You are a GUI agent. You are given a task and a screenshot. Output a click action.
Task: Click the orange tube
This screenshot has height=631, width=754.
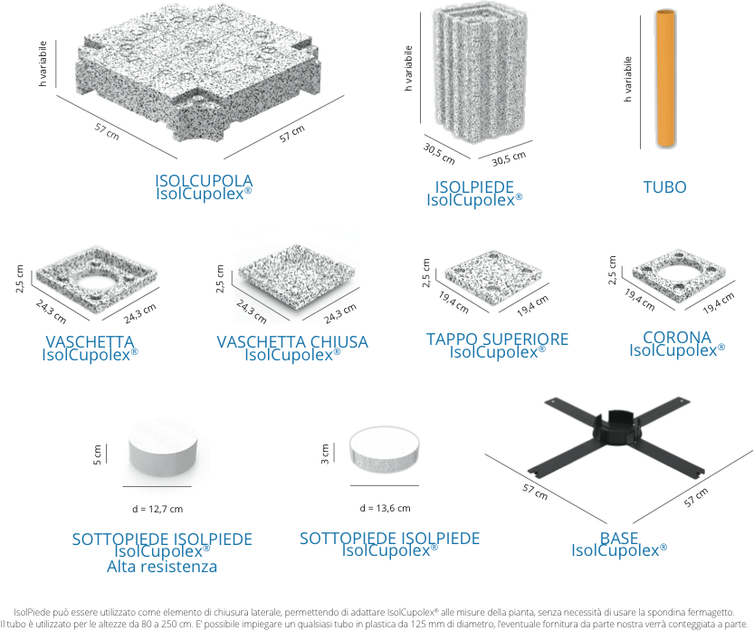pyautogui.click(x=666, y=78)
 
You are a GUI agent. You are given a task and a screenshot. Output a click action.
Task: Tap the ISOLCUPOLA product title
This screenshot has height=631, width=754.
pyautogui.click(x=204, y=180)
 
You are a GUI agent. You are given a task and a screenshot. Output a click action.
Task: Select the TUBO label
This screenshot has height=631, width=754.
pyautogui.click(x=664, y=186)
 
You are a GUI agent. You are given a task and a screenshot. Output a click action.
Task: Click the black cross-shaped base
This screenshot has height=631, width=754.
pyautogui.click(x=617, y=438)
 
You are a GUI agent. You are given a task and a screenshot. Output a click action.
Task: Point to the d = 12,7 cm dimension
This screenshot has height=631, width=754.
pyautogui.click(x=157, y=509)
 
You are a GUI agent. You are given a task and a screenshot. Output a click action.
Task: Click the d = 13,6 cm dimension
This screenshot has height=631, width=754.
pyautogui.click(x=385, y=508)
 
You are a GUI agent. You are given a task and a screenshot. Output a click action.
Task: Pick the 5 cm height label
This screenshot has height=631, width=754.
pyautogui.click(x=97, y=454)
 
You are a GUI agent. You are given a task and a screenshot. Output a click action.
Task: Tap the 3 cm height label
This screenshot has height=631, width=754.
pyautogui.click(x=325, y=454)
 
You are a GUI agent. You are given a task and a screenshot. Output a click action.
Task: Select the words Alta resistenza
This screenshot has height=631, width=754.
pyautogui.click(x=162, y=566)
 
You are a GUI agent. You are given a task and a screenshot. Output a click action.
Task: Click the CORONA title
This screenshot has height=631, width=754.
pyautogui.click(x=676, y=337)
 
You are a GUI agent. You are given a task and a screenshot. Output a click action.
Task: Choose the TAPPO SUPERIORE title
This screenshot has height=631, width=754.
pyautogui.click(x=497, y=339)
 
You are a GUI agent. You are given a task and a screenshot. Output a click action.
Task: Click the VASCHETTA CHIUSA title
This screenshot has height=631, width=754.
pyautogui.click(x=291, y=341)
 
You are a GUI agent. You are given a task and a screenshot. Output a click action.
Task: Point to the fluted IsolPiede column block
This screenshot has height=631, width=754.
pyautogui.click(x=480, y=73)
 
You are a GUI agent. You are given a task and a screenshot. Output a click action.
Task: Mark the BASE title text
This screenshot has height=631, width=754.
pyautogui.click(x=619, y=537)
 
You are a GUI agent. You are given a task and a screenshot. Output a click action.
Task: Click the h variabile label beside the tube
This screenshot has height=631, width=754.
pyautogui.click(x=627, y=80)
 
